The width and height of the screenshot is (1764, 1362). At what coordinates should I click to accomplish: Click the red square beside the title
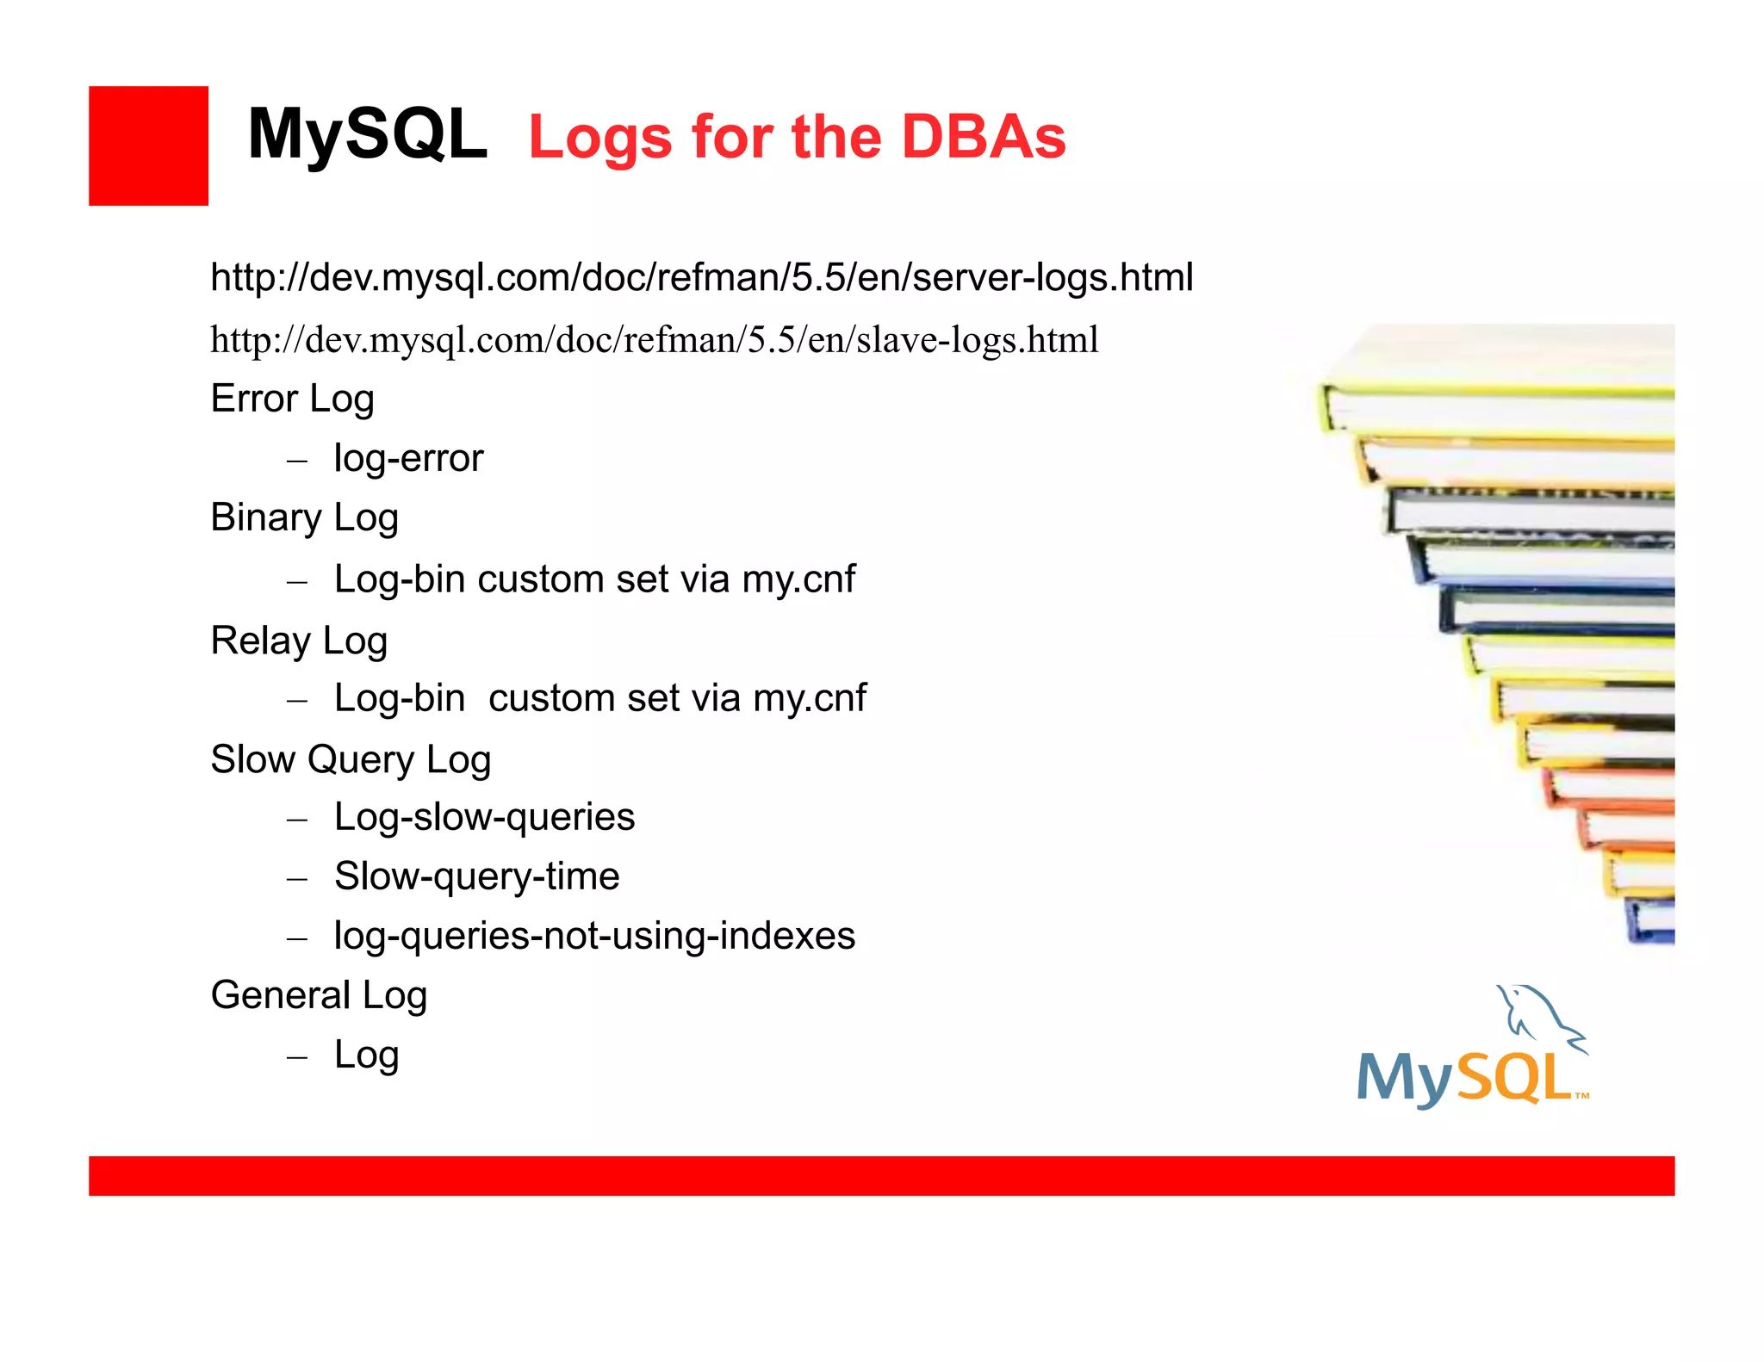tap(148, 145)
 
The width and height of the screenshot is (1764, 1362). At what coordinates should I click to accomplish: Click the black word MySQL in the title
tap(367, 135)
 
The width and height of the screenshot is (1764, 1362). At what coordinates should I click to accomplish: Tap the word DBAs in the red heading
tap(983, 138)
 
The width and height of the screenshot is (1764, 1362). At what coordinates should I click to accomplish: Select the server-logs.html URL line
tap(701, 277)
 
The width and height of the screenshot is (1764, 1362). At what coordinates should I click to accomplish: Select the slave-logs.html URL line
tap(654, 340)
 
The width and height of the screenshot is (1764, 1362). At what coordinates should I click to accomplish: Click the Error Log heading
tap(292, 399)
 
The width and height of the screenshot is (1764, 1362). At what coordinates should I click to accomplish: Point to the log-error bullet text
tap(408, 459)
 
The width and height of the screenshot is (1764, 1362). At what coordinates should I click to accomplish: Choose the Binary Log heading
tap(304, 518)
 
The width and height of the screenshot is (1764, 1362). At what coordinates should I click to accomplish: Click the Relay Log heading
tap(299, 641)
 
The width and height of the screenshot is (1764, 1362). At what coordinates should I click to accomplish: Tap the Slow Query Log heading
tap(351, 760)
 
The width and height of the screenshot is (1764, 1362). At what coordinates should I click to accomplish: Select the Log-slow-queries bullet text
tap(484, 817)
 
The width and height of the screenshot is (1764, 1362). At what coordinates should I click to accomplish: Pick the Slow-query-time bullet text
tap(476, 876)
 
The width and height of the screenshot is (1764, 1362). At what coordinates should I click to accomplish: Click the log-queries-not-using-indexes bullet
tap(594, 936)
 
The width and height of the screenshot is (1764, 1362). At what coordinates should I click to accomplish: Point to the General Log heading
tap(319, 996)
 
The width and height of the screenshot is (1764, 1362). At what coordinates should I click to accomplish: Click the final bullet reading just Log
tap(366, 1055)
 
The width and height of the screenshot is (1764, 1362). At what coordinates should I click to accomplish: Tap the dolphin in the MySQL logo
tap(1538, 1016)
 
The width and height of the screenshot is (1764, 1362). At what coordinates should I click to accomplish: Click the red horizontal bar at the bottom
tap(881, 1175)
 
